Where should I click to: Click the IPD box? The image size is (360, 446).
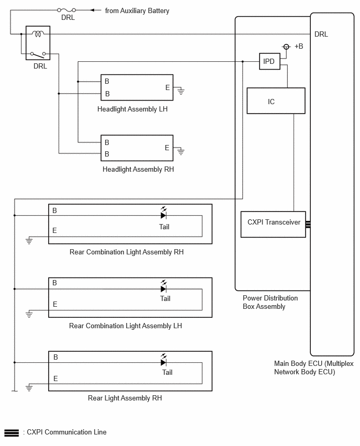pyautogui.click(x=269, y=61)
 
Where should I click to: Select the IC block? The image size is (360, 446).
pyautogui.click(x=276, y=101)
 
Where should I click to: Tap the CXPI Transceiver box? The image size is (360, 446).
pyautogui.click(x=273, y=224)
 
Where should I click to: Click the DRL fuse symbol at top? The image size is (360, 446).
pyautogui.click(x=66, y=10)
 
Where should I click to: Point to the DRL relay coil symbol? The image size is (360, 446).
pyautogui.click(x=38, y=34)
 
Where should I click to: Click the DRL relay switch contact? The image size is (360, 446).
pyautogui.click(x=38, y=54)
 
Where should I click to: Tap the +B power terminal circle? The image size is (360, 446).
pyautogui.click(x=286, y=47)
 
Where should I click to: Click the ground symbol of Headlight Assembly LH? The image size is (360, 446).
pyautogui.click(x=181, y=91)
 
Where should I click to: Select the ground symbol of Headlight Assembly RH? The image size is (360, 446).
pyautogui.click(x=181, y=152)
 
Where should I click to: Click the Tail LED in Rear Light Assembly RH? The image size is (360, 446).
pyautogui.click(x=163, y=360)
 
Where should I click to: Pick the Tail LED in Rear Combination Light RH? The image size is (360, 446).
pyautogui.click(x=163, y=214)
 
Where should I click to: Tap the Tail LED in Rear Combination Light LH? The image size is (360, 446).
pyautogui.click(x=163, y=287)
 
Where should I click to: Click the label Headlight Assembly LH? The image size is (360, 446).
pyautogui.click(x=132, y=109)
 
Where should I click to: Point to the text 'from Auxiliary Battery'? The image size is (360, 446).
pyautogui.click(x=137, y=11)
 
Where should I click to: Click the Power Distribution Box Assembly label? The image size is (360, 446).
pyautogui.click(x=270, y=302)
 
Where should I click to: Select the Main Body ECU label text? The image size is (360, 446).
pyautogui.click(x=313, y=367)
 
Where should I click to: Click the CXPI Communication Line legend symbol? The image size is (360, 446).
pyautogui.click(x=12, y=432)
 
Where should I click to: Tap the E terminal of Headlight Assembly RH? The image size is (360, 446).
pyautogui.click(x=167, y=148)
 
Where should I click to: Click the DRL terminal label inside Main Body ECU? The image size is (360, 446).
pyautogui.click(x=321, y=34)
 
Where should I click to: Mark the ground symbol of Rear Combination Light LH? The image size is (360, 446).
pyautogui.click(x=29, y=314)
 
